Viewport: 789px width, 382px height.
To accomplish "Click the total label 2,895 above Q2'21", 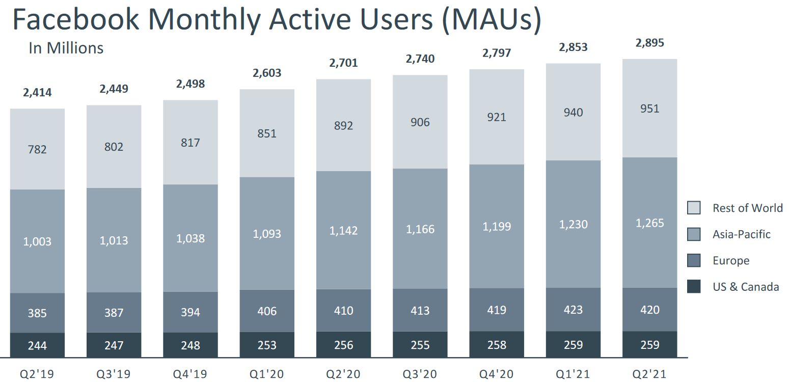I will point(649,43).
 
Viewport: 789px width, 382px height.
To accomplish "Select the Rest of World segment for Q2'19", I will point(37,149).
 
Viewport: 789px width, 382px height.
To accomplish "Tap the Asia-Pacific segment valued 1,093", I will point(267,234).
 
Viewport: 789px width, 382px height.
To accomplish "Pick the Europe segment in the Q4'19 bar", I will point(191,312).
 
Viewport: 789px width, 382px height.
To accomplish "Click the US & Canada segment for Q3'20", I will point(420,345).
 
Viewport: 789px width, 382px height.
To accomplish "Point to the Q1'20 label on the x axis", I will point(267,374).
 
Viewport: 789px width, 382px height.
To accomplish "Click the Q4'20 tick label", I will point(497,374).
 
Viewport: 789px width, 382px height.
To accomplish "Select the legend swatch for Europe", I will point(694,261).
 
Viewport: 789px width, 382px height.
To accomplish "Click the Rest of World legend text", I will point(747,208).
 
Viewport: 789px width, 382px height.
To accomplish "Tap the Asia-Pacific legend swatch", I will point(694,234).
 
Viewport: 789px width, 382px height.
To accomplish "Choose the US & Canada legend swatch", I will point(694,287).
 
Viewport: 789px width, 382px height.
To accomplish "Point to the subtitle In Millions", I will point(66,48).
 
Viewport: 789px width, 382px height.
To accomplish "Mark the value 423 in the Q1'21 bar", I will point(573,310).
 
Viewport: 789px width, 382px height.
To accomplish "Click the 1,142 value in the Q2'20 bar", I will point(343,231).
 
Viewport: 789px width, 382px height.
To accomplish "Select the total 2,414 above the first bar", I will point(37,93).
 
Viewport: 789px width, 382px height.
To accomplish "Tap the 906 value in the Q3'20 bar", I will point(420,122).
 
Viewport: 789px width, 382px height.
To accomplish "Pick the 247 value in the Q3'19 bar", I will point(114,345).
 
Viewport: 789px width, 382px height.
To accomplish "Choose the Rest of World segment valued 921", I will point(497,117).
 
